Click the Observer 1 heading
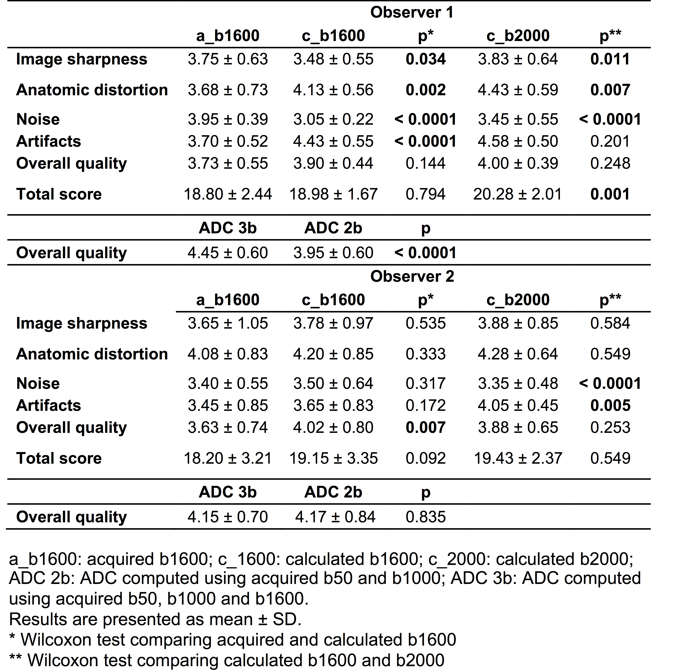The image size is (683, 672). coord(411,13)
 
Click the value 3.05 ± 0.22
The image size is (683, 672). coord(333,119)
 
